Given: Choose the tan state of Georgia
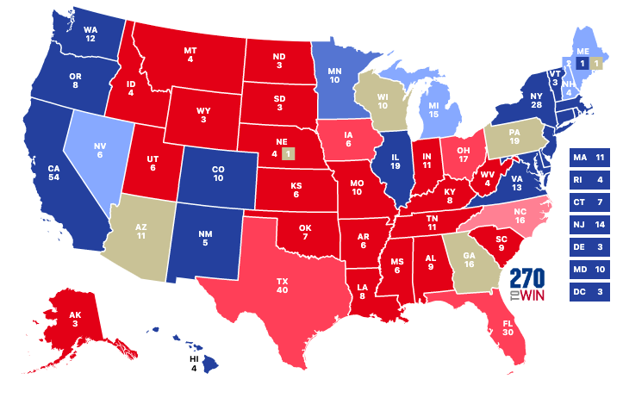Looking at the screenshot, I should [x=469, y=258].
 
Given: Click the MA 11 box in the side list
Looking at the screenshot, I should [x=590, y=158].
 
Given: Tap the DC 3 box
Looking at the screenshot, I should [x=590, y=292].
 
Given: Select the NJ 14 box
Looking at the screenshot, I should [x=590, y=225].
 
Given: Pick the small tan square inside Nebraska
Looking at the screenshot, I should [x=289, y=154].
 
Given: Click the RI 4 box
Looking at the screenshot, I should [x=590, y=180].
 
